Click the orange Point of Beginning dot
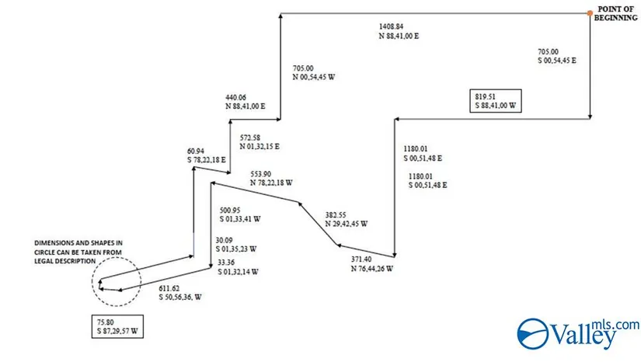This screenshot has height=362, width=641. (x=590, y=12)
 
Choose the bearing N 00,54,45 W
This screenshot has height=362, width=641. (x=315, y=77)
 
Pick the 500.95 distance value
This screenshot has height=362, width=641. (x=232, y=210)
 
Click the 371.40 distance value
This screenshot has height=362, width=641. (x=363, y=259)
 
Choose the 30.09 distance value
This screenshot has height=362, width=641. (x=225, y=240)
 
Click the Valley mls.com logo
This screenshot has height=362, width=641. (x=578, y=332)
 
